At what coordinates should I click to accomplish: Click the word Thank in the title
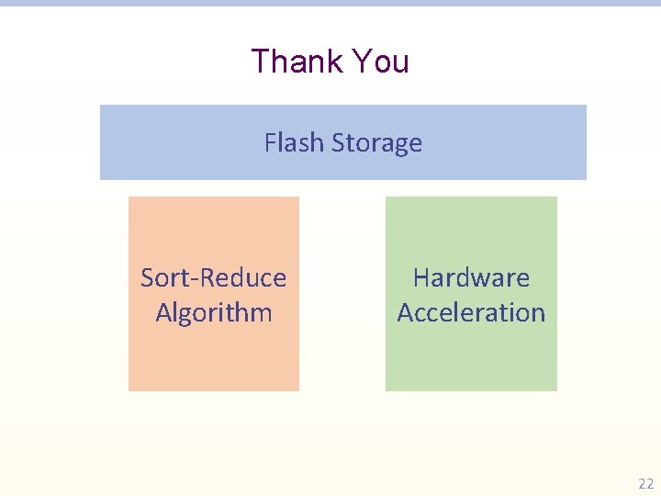pyautogui.click(x=293, y=62)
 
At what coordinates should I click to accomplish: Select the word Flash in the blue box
pyautogui.click(x=294, y=143)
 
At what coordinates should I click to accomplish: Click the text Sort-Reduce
pyautogui.click(x=213, y=277)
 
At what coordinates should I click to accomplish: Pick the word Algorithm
pyautogui.click(x=214, y=312)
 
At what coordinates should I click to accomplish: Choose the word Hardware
pyautogui.click(x=471, y=277)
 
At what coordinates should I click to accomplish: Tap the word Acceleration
pyautogui.click(x=471, y=312)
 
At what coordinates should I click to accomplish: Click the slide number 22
pyautogui.click(x=645, y=483)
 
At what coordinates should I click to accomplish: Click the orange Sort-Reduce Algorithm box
pyautogui.click(x=213, y=358)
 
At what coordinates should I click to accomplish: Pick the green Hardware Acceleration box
pyautogui.click(x=471, y=358)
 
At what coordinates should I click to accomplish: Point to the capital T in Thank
pyautogui.click(x=261, y=62)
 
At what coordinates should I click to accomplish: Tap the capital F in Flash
pyautogui.click(x=270, y=143)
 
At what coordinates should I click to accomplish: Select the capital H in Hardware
pyautogui.click(x=421, y=277)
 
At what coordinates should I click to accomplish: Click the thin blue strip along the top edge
pyautogui.click(x=330, y=3)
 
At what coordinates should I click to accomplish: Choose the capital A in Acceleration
pyautogui.click(x=405, y=312)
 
